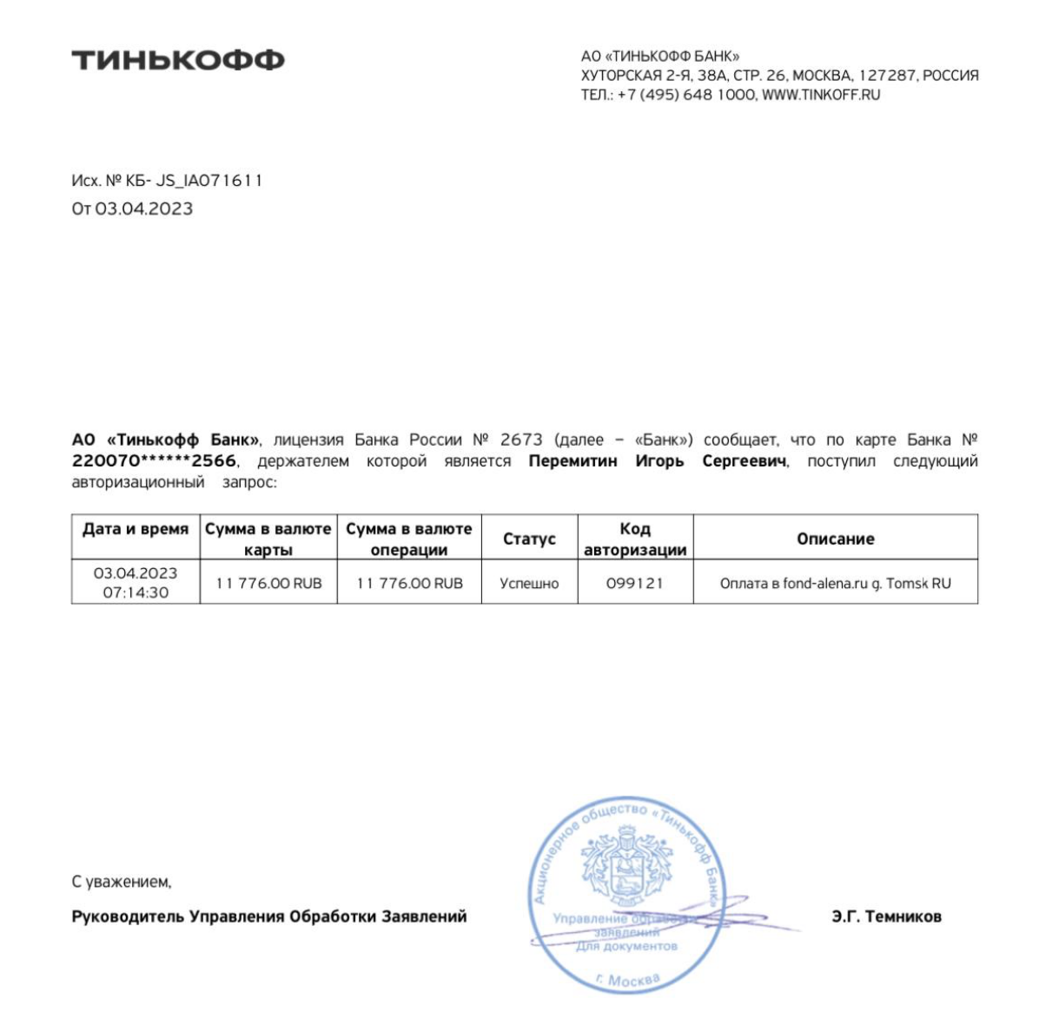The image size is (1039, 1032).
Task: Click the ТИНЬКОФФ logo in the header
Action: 178,60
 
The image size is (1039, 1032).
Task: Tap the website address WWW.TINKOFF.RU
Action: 821,95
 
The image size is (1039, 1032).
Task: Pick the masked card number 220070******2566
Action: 154,461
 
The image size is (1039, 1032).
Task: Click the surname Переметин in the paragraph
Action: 572,461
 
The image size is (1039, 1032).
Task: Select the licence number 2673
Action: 521,440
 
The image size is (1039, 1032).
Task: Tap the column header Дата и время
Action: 136,529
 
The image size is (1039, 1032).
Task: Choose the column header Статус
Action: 529,539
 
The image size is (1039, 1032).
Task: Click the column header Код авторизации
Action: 635,539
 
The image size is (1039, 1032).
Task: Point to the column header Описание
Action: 835,539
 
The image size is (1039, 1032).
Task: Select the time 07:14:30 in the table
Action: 136,592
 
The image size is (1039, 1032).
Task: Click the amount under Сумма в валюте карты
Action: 268,583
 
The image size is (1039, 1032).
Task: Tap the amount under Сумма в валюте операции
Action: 409,583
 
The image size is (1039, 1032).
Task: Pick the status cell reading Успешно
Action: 529,583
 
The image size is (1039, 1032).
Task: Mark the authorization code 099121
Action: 635,583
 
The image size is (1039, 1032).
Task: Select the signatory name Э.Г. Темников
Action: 886,916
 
